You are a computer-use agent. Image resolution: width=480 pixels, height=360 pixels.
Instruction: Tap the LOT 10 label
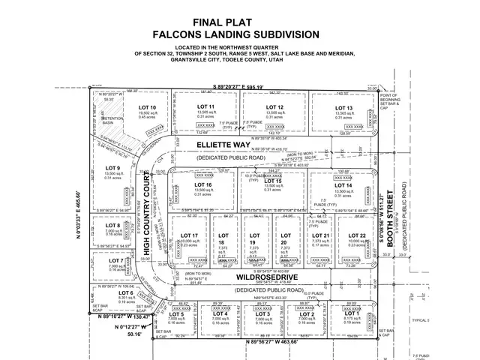(x=148, y=108)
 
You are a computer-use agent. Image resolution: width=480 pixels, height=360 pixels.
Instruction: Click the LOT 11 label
(x=207, y=107)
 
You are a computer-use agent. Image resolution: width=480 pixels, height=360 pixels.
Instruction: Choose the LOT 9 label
(x=113, y=167)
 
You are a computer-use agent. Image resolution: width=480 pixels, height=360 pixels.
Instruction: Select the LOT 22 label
(x=357, y=236)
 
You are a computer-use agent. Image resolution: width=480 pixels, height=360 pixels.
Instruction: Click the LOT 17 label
(x=190, y=236)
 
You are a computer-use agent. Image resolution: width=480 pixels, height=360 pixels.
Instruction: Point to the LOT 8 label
(x=113, y=226)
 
